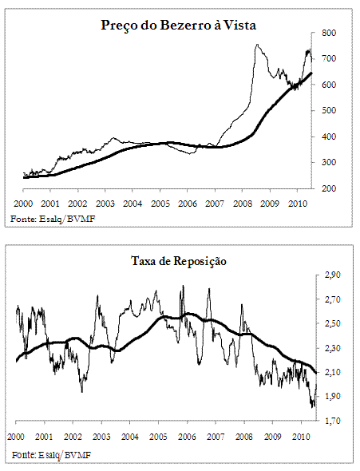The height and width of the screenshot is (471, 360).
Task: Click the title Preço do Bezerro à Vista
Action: pyautogui.click(x=178, y=26)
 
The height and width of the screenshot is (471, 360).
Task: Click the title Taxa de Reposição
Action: pyautogui.click(x=179, y=261)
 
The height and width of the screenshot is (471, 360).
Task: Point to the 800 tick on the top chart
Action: pyautogui.click(x=329, y=33)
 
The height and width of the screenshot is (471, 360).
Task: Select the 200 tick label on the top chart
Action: pyautogui.click(x=329, y=188)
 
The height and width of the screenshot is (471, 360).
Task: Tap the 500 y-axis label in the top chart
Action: pyautogui.click(x=329, y=110)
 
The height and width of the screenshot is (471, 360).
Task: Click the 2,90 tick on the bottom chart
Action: pyautogui.click(x=333, y=275)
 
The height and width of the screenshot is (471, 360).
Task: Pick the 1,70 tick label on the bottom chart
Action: pyautogui.click(x=333, y=421)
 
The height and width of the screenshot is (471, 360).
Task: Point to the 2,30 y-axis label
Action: pyautogui.click(x=333, y=348)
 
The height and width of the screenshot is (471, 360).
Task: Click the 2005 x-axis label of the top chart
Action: pyautogui.click(x=160, y=204)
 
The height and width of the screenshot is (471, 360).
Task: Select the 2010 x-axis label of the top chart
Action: pyautogui.click(x=298, y=204)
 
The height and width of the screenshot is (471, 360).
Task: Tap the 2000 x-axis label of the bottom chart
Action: pyautogui.click(x=16, y=437)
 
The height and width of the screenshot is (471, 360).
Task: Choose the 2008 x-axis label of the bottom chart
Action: pyautogui.click(x=243, y=437)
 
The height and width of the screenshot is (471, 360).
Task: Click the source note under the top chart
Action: pyautogui.click(x=53, y=219)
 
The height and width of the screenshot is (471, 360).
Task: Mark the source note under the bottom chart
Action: pyautogui.click(x=51, y=455)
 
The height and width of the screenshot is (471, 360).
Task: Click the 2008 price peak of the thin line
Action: pyautogui.click(x=257, y=45)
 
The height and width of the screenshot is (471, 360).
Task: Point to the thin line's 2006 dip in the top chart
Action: pyautogui.click(x=190, y=154)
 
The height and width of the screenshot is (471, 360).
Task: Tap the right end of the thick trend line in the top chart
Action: pyautogui.click(x=311, y=73)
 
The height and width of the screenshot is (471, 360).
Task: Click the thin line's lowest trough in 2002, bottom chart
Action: pyautogui.click(x=82, y=392)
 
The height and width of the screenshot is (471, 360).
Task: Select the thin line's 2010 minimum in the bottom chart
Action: pyautogui.click(x=313, y=406)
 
